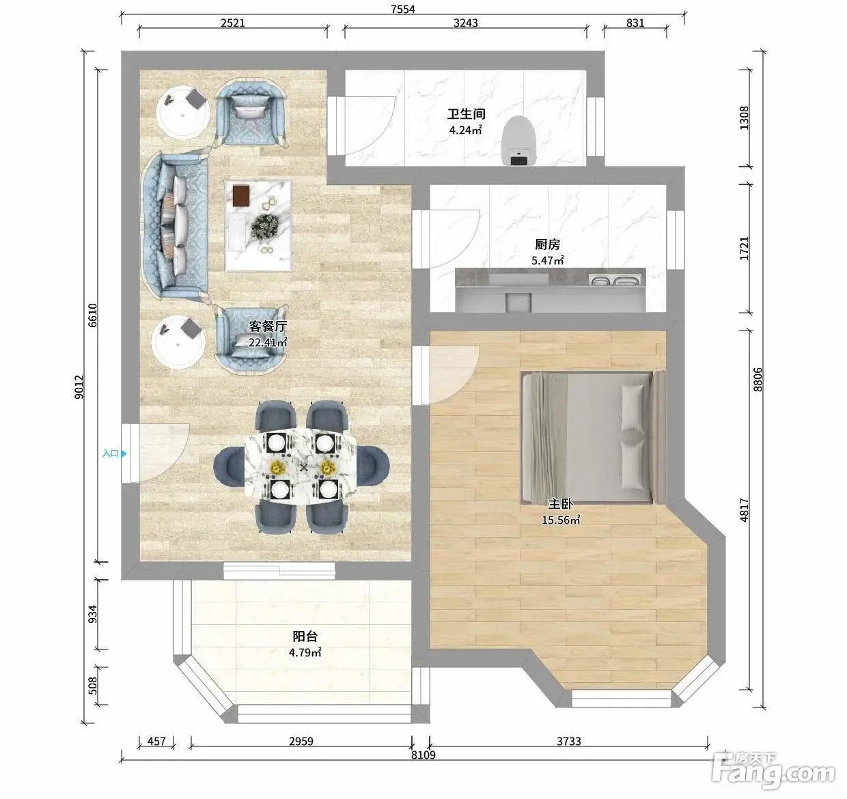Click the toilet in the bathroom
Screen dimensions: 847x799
518,141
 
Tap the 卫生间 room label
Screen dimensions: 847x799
466,114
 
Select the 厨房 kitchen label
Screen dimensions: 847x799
548,244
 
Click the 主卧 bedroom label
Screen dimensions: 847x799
560,504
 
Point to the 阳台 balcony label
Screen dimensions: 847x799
305,636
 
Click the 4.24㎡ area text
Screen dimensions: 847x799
466,130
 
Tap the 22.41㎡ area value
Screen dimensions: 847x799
268,341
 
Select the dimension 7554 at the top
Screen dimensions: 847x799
402,8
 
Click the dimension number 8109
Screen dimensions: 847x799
423,755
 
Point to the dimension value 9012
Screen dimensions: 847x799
79,387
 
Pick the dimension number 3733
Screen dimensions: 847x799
568,741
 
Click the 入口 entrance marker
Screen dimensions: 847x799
114,453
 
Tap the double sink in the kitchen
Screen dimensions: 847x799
615,280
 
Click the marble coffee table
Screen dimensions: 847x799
258,225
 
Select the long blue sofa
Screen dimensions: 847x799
175,226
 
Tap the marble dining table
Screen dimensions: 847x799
301,467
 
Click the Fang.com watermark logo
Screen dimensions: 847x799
773,772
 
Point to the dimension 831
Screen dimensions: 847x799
635,23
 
